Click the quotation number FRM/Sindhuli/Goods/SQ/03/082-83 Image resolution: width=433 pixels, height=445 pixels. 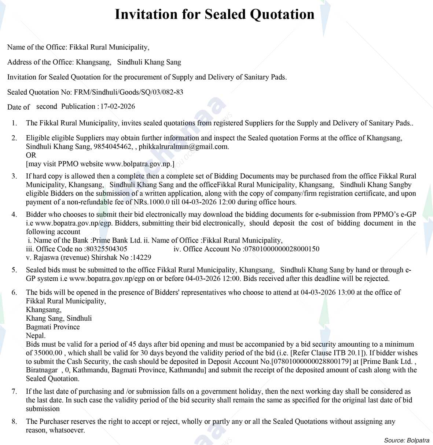(128, 92)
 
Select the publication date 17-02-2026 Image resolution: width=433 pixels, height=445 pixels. (118, 106)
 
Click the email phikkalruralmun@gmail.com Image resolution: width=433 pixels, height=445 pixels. (183, 147)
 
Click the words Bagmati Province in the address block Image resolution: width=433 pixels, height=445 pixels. (53, 327)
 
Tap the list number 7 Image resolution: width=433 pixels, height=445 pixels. (14, 391)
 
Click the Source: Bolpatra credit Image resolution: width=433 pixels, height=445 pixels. (407, 440)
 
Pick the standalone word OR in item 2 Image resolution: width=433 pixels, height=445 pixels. (31, 155)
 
